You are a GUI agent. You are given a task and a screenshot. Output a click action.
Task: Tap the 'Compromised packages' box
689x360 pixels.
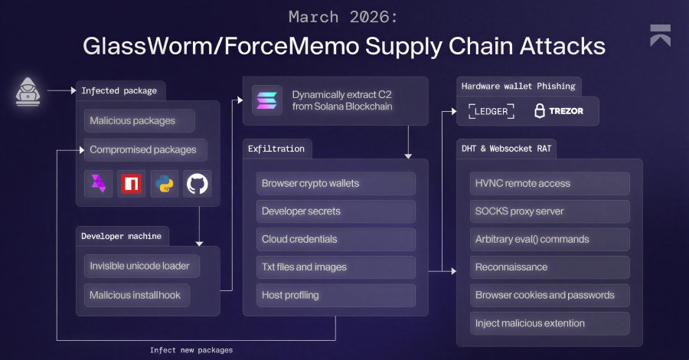[143, 149]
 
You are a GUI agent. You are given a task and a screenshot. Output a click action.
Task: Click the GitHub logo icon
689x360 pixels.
[197, 184]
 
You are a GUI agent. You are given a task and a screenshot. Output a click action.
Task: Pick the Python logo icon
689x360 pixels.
[164, 184]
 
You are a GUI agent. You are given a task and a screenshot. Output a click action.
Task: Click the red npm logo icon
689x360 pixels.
[131, 184]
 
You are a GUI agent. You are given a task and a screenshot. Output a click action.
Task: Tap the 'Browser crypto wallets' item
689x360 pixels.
[336, 184]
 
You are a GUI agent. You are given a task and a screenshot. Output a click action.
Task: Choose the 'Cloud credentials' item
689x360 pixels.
[336, 239]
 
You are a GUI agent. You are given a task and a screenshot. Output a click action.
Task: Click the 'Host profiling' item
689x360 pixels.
[336, 295]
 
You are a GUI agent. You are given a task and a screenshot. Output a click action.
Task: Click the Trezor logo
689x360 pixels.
[558, 111]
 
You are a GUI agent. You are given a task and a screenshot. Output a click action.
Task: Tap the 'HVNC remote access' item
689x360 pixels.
[549, 184]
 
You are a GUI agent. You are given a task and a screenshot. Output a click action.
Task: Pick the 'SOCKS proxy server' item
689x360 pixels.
[549, 211]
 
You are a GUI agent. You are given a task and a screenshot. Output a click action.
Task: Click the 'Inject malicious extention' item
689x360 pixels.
[549, 322]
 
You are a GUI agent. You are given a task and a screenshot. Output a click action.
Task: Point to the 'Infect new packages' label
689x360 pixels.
[191, 349]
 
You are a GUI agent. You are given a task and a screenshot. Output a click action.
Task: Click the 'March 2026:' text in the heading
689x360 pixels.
[344, 16]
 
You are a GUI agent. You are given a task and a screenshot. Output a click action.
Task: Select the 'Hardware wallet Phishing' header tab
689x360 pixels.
[518, 86]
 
